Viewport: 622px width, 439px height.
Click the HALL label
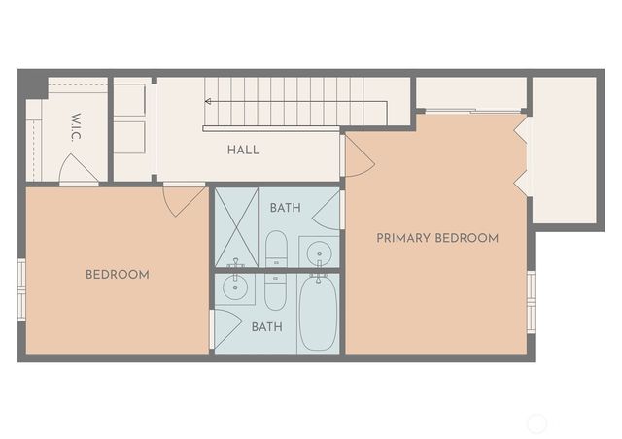coord(243,150)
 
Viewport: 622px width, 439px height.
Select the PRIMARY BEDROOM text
coord(437,238)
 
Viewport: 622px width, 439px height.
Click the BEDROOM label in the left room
coord(118,275)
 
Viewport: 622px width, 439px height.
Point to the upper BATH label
coord(285,208)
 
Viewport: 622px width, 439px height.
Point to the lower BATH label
coord(266,327)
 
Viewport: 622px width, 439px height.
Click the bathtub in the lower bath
coord(318,313)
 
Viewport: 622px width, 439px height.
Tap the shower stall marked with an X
coord(236,227)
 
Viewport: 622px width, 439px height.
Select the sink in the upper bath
coord(319,253)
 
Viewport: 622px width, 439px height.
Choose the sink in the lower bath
coord(233,287)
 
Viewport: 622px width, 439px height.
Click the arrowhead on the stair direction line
coord(208,100)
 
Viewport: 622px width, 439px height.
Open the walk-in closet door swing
coord(78,170)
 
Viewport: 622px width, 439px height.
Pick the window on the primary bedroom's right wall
coord(531,301)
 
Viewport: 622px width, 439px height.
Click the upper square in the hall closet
coord(130,101)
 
